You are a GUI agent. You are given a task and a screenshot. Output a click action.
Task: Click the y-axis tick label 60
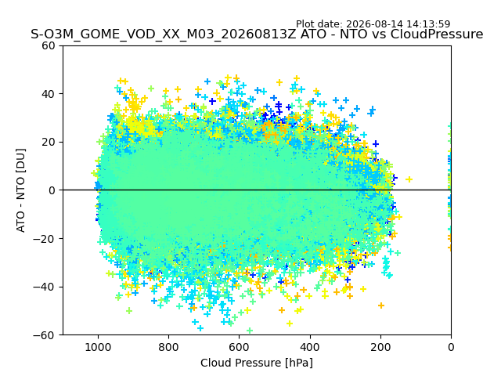click(x=49, y=45)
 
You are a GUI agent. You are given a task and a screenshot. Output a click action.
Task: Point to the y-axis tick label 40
click(x=49, y=94)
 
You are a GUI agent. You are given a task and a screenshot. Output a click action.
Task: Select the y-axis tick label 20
click(x=49, y=143)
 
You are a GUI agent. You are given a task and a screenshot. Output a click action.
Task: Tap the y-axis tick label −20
click(x=45, y=239)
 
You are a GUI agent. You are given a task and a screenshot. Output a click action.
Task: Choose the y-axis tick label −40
click(x=45, y=287)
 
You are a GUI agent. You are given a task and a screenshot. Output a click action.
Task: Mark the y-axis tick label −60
click(x=45, y=335)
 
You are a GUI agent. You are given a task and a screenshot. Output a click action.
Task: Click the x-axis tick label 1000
click(x=98, y=347)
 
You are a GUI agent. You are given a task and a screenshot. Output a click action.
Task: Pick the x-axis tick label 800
click(x=169, y=347)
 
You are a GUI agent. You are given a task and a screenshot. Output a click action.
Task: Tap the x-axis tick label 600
click(x=240, y=347)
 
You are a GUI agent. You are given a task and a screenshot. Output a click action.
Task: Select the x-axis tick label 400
click(x=310, y=347)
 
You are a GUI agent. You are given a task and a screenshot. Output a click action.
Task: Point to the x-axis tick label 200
click(x=380, y=347)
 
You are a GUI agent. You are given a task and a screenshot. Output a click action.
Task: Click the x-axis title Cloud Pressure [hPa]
click(x=257, y=363)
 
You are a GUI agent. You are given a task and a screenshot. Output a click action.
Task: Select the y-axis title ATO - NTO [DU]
click(x=21, y=190)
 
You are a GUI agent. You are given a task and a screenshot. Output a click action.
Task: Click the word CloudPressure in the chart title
click(x=437, y=34)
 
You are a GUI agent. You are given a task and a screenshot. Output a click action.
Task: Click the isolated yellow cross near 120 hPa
click(x=409, y=179)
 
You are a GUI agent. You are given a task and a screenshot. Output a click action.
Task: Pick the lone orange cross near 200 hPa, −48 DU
click(x=381, y=305)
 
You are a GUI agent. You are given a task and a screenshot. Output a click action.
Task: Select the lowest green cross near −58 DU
click(x=250, y=331)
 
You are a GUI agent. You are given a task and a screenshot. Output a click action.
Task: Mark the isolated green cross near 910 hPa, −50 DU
click(x=129, y=310)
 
